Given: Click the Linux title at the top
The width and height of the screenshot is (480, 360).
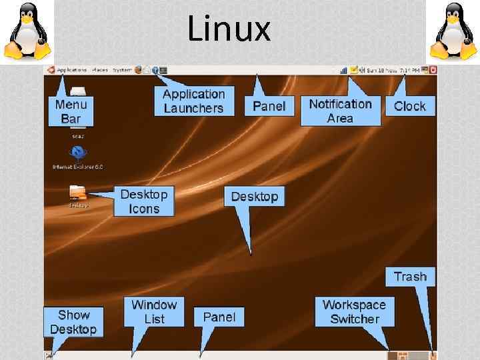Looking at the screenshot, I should pyautogui.click(x=229, y=29).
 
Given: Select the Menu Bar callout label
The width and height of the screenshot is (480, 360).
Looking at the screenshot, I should pyautogui.click(x=71, y=111).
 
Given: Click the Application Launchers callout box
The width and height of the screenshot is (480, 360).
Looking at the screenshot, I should pyautogui.click(x=193, y=101).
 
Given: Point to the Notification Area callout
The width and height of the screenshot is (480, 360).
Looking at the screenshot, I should pyautogui.click(x=340, y=111).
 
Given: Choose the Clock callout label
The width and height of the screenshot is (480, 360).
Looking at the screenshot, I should pyautogui.click(x=409, y=106).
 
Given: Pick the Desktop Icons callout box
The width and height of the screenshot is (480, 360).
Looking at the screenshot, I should pyautogui.click(x=144, y=201).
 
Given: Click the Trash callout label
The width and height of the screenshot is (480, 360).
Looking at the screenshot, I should pyautogui.click(x=410, y=277).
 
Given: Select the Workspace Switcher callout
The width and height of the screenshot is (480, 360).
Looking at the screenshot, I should pyautogui.click(x=354, y=311).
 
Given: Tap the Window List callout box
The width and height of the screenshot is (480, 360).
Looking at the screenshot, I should pyautogui.click(x=154, y=311).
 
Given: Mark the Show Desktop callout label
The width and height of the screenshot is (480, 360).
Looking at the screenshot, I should pyautogui.click(x=73, y=321).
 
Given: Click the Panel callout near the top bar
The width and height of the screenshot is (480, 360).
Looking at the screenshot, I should pyautogui.click(x=269, y=105).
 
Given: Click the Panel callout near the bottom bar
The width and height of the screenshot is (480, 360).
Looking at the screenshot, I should pyautogui.click(x=219, y=317).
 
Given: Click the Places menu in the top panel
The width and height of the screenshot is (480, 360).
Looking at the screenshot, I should pyautogui.click(x=100, y=69).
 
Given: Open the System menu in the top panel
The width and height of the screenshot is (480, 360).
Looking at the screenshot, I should pyautogui.click(x=122, y=69).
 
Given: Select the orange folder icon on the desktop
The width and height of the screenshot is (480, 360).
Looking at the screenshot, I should pyautogui.click(x=77, y=193).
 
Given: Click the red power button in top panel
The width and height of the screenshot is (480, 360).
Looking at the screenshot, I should pyautogui.click(x=433, y=69).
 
